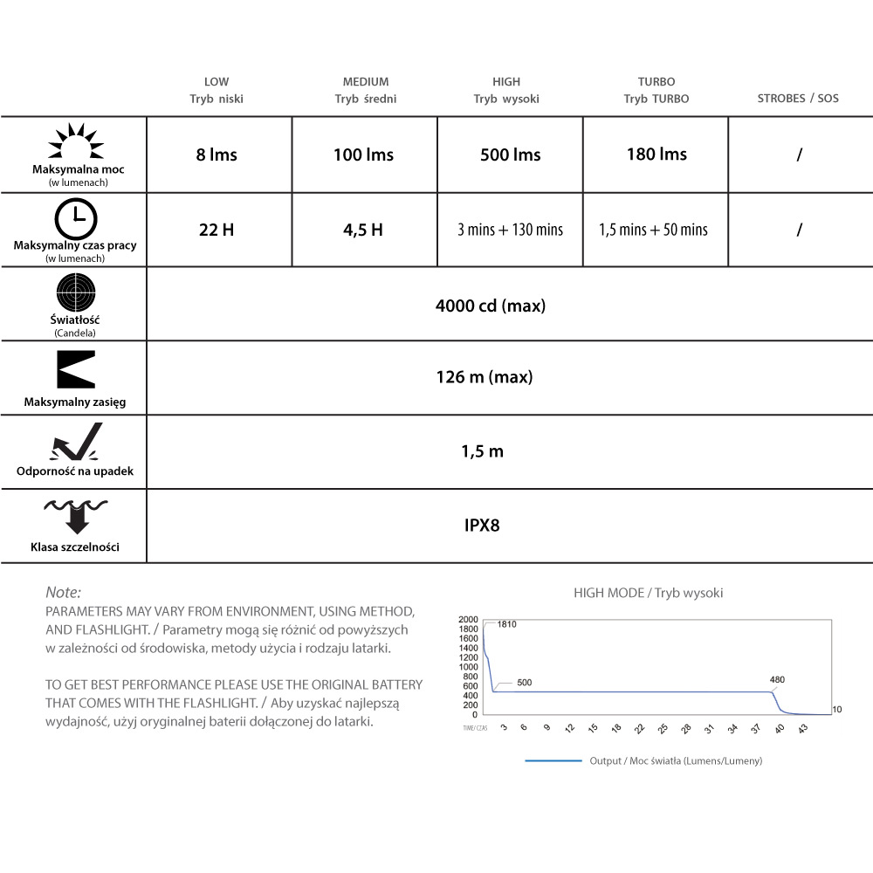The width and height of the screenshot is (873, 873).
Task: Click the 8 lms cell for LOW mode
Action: click(217, 155)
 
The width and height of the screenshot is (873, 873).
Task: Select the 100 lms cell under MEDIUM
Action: click(363, 155)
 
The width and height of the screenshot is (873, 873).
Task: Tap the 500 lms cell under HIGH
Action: click(510, 155)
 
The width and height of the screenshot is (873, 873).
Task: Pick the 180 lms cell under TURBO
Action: click(656, 155)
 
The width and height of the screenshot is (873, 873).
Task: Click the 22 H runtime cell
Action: click(217, 230)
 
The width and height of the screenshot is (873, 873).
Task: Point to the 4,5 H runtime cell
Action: click(363, 230)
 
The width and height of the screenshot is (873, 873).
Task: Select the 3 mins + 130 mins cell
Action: click(510, 230)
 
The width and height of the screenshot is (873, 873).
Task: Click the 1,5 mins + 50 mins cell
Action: click(653, 230)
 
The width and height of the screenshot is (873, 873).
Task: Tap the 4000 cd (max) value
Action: click(490, 306)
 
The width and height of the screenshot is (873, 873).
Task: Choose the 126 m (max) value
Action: click(484, 377)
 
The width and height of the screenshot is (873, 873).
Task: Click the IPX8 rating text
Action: click(482, 526)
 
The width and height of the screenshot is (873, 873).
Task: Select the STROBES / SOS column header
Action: click(798, 99)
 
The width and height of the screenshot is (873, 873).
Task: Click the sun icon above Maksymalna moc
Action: click(75, 142)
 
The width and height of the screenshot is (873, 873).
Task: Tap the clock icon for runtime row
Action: click(75, 218)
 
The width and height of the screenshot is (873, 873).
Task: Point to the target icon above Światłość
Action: click(75, 292)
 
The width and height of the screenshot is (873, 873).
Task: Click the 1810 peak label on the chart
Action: click(507, 624)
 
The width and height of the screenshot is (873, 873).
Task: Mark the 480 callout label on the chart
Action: click(777, 679)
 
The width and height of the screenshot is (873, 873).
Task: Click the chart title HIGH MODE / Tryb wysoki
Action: click(648, 593)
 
